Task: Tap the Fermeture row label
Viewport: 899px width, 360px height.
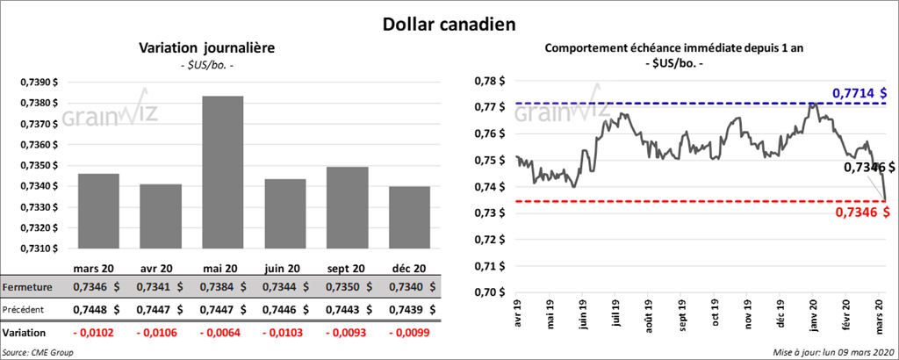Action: [x=29, y=287]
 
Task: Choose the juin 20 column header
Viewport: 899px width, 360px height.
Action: [x=283, y=268]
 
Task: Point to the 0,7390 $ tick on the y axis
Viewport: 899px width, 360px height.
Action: [x=40, y=82]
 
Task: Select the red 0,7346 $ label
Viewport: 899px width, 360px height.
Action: [x=859, y=212]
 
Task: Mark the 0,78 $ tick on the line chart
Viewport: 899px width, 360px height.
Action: [x=493, y=82]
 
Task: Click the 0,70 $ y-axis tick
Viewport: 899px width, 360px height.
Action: [x=493, y=292]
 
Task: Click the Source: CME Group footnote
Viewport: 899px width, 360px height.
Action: [x=38, y=352]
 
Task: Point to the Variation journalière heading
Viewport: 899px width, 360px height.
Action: [x=195, y=47]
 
